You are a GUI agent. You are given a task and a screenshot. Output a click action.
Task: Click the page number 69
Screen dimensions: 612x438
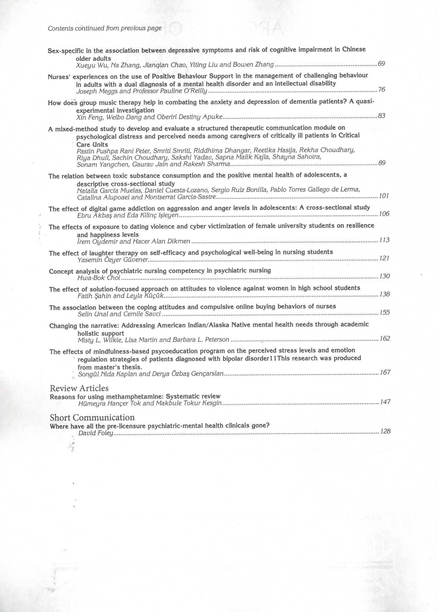click(x=381, y=64)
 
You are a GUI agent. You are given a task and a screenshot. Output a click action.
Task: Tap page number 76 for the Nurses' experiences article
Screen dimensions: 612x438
click(x=382, y=90)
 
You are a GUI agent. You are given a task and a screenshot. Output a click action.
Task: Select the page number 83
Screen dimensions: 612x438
click(x=382, y=116)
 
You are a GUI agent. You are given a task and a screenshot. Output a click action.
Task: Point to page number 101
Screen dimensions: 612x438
click(x=384, y=196)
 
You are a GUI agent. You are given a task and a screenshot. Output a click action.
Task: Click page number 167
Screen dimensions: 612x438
click(x=385, y=372)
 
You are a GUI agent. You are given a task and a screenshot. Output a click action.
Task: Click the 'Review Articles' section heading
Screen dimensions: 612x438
click(x=79, y=388)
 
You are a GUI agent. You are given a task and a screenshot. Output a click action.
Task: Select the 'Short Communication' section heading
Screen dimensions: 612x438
click(x=92, y=418)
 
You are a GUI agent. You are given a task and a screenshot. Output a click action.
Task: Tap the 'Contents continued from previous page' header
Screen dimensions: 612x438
click(x=104, y=28)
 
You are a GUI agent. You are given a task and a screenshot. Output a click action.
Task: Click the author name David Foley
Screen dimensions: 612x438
click(x=96, y=433)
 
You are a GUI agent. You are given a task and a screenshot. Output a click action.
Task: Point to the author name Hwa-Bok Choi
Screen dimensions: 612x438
click(x=99, y=278)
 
